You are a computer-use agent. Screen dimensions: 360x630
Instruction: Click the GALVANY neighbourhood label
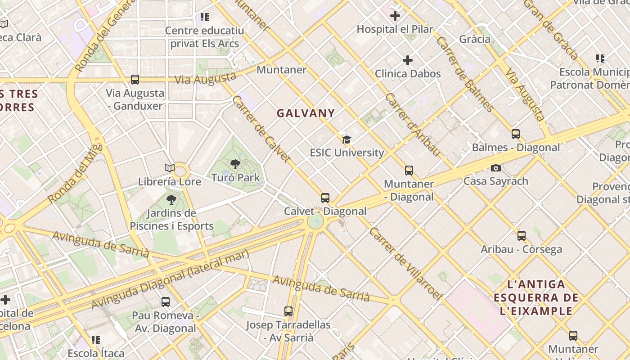(x=306, y=113)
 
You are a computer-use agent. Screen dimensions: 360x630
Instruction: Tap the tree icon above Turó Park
(x=235, y=164)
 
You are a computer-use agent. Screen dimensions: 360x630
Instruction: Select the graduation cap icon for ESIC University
(x=346, y=139)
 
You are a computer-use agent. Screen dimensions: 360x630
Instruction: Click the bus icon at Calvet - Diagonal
(x=325, y=198)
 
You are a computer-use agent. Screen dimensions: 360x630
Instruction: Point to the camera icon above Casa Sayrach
(x=495, y=168)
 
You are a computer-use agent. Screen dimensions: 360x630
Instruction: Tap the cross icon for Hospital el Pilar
(x=395, y=16)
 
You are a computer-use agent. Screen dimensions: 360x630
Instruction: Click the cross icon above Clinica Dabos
(x=408, y=60)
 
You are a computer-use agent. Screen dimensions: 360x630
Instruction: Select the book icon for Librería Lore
(x=170, y=168)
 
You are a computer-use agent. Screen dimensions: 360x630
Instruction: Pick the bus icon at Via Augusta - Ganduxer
(x=135, y=80)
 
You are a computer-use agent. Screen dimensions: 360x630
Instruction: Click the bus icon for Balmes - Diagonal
(x=516, y=134)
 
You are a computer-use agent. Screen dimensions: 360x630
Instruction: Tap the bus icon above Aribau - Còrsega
(x=522, y=236)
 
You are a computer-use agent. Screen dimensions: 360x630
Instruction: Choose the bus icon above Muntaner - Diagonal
(x=409, y=171)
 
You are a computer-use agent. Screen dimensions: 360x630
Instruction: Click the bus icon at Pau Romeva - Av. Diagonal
(x=166, y=302)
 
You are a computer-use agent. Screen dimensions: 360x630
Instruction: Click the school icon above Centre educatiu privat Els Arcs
(x=205, y=18)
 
